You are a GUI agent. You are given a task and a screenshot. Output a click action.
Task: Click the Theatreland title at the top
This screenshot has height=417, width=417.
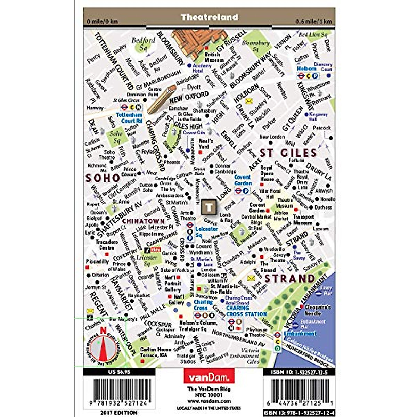tap(209, 17)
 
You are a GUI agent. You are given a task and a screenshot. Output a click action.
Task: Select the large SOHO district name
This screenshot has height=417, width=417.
tap(103, 178)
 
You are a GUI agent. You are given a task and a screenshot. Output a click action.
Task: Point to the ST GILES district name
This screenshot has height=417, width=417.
tap(288, 153)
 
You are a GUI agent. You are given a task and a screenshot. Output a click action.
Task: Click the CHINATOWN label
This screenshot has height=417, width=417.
tap(144, 221)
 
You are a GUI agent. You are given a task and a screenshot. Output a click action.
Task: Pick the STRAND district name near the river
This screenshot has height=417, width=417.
tap(289, 279)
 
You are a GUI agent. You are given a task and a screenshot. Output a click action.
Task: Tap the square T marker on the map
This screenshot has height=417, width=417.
tap(209, 207)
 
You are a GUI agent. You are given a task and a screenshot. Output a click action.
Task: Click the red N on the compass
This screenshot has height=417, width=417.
tap(103, 331)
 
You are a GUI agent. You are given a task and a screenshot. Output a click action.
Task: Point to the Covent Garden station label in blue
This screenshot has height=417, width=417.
tap(243, 180)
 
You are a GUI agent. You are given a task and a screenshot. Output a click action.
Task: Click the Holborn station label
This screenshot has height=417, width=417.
tap(306, 69)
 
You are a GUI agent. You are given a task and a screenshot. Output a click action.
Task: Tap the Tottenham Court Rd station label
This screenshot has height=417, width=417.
tap(129, 118)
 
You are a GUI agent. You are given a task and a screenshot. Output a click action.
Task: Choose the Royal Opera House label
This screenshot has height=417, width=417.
tap(267, 173)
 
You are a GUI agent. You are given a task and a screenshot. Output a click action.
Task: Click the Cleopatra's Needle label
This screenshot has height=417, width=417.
tap(317, 310)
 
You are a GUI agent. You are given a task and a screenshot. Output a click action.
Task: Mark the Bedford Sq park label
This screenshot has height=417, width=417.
tap(143, 44)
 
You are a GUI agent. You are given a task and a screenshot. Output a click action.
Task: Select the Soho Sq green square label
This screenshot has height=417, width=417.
tap(116, 137)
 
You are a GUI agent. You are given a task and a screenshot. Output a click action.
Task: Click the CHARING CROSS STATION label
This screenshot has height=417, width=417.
tap(246, 311)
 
